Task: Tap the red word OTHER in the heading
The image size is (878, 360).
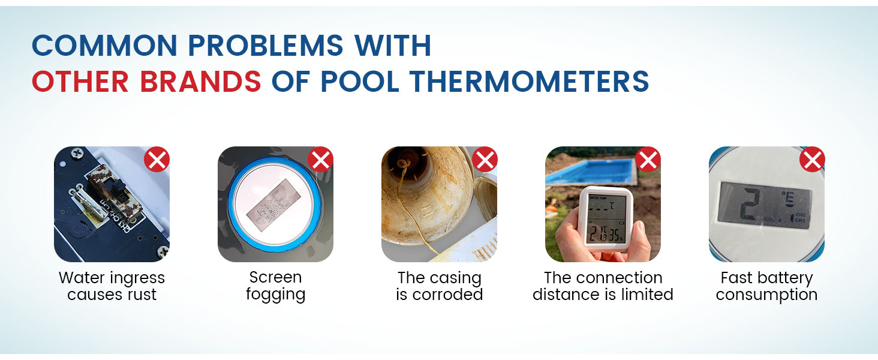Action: pos(74,81)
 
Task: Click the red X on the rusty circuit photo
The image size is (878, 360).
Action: pos(157,160)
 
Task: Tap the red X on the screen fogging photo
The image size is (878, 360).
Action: pos(321,160)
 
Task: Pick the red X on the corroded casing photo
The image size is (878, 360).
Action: pos(485,160)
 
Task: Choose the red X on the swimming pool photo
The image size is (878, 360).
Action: pos(648,160)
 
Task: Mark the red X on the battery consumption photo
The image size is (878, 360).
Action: pos(812,160)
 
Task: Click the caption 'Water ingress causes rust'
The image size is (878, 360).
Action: pos(112,286)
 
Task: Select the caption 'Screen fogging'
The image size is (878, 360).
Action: pos(275,286)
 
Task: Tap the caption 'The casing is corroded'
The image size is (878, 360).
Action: pos(439,286)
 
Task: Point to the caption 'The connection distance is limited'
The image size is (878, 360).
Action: pos(603,286)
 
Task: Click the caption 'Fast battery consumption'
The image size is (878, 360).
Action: pos(766,286)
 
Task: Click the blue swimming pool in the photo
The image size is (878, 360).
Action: pos(591,170)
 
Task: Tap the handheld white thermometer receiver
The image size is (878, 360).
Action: pos(606,219)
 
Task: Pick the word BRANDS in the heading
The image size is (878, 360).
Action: pos(201,81)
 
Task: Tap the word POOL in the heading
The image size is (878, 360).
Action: pos(361,81)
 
